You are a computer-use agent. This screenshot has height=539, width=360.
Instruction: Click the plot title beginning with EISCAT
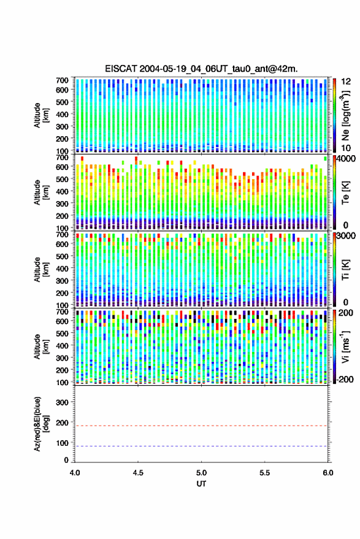point(202,69)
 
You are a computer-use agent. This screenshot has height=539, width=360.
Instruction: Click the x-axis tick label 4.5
point(138,473)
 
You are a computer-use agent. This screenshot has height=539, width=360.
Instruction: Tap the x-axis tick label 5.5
point(265,473)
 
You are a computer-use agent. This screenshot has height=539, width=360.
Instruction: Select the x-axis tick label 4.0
point(75,473)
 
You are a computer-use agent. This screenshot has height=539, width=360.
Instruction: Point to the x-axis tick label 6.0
point(328,473)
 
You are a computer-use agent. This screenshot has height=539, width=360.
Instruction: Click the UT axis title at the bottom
point(202,484)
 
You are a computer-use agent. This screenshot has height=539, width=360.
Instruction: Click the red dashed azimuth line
point(202,426)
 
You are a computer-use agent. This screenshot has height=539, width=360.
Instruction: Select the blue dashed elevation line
point(202,446)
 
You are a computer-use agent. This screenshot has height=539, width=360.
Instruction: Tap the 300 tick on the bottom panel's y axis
point(62,402)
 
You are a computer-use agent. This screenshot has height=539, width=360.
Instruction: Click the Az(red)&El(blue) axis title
point(41,424)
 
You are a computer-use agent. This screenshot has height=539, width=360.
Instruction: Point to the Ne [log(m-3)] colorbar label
point(346,115)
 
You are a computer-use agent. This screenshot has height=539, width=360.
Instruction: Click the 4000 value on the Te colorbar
point(347,159)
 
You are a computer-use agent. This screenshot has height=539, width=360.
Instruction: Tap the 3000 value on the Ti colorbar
point(347,236)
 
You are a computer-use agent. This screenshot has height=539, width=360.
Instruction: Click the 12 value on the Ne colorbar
point(346,82)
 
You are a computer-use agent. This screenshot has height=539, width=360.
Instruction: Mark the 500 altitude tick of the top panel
point(62,102)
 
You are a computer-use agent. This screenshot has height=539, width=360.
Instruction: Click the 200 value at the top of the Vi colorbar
point(346,313)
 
